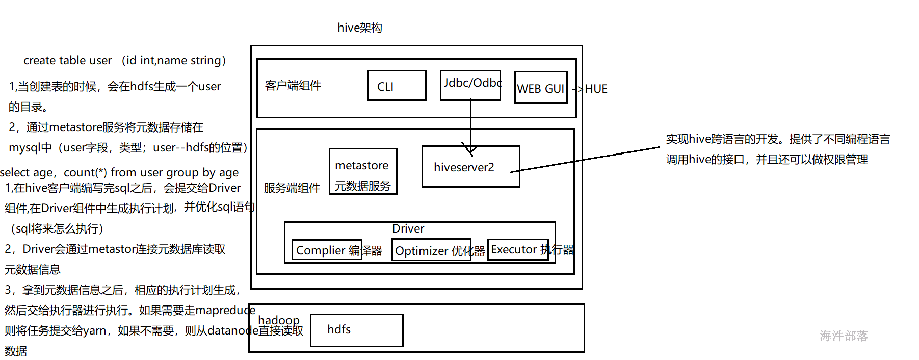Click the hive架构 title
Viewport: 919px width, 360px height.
tap(360, 28)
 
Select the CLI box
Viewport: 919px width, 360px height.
tap(397, 86)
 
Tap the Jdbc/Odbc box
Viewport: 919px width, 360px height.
tap(470, 85)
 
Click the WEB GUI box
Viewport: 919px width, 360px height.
tap(541, 88)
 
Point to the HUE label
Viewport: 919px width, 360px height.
tap(596, 89)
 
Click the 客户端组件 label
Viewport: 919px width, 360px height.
tap(293, 86)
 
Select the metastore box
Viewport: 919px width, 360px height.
tap(363, 171)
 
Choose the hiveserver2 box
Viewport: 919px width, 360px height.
tap(470, 167)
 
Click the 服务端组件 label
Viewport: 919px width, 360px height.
tap(292, 188)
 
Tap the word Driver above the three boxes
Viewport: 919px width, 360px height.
tap(408, 228)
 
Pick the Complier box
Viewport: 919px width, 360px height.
tap(327, 250)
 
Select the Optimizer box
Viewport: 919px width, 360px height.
tap(431, 250)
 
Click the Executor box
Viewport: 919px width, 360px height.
tap(518, 249)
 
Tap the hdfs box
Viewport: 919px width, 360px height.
tap(356, 330)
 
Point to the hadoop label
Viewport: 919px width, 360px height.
tap(279, 320)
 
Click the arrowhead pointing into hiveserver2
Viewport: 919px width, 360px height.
tap(470, 150)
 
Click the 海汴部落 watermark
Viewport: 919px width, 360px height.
tap(844, 336)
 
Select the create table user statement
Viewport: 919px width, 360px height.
tap(124, 60)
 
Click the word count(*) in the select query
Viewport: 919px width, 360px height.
tap(85, 172)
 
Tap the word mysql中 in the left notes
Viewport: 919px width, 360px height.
tap(30, 148)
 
